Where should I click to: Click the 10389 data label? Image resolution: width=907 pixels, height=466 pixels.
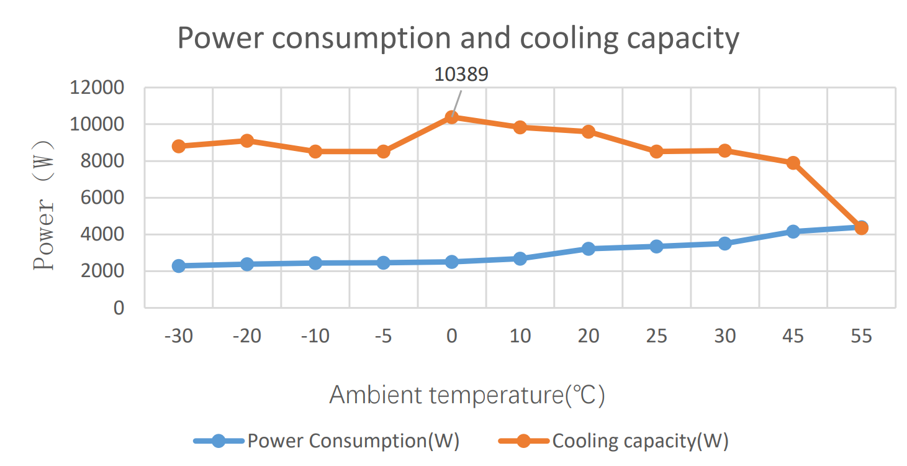pyautogui.click(x=461, y=75)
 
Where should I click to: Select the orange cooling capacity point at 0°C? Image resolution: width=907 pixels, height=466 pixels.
pyautogui.click(x=452, y=117)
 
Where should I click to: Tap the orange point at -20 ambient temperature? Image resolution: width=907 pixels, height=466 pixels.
pyautogui.click(x=247, y=140)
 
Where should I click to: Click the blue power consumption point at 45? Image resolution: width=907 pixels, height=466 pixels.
pyautogui.click(x=793, y=231)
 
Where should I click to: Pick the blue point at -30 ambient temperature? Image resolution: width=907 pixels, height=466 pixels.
pyautogui.click(x=179, y=266)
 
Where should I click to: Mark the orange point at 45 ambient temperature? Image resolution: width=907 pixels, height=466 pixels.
pyautogui.click(x=793, y=163)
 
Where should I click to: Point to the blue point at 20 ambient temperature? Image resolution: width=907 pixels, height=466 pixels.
pyautogui.click(x=589, y=249)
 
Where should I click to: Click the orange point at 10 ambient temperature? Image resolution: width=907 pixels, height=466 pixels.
pyautogui.click(x=520, y=127)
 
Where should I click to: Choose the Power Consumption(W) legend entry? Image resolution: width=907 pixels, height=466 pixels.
pyautogui.click(x=353, y=441)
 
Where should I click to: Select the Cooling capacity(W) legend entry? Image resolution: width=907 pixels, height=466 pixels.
pyautogui.click(x=640, y=441)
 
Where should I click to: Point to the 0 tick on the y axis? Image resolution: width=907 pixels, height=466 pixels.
pyautogui.click(x=119, y=308)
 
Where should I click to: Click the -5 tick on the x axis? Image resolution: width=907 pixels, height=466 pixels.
pyautogui.click(x=383, y=336)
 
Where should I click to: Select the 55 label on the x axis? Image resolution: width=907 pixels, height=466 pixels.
pyautogui.click(x=861, y=336)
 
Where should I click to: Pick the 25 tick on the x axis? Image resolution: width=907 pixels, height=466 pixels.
pyautogui.click(x=656, y=336)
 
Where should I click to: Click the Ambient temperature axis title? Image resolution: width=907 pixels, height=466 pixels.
pyautogui.click(x=466, y=395)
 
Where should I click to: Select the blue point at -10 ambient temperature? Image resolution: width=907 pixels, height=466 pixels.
pyautogui.click(x=315, y=263)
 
